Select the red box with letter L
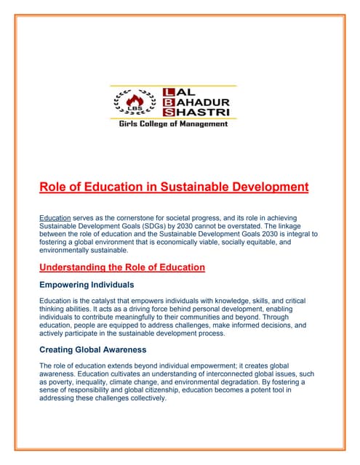tap(170, 92)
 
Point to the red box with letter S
tap(170, 113)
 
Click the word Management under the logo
tap(205, 124)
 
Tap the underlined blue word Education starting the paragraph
tap(55, 218)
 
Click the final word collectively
tap(145, 397)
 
